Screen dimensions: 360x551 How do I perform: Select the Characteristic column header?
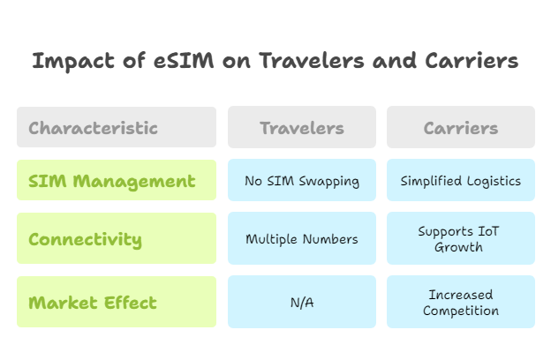(x=117, y=127)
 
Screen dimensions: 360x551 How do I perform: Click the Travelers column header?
(x=302, y=127)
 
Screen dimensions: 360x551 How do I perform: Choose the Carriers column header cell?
(x=460, y=127)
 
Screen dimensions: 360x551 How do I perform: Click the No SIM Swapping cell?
(x=302, y=181)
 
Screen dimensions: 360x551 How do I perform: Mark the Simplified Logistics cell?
(x=460, y=181)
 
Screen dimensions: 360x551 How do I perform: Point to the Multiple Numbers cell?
(x=302, y=238)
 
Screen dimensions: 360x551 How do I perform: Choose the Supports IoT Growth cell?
(x=460, y=238)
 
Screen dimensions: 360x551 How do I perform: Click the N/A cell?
(x=302, y=302)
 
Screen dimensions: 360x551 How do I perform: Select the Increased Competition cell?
(x=460, y=302)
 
